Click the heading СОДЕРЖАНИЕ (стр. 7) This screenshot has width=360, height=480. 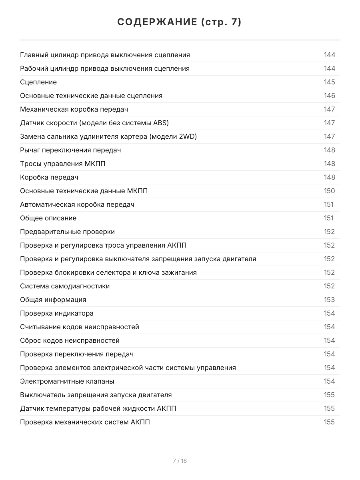click(x=180, y=22)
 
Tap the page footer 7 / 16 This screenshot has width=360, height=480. click(x=180, y=461)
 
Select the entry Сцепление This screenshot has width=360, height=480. click(x=38, y=82)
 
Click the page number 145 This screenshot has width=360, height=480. click(x=329, y=82)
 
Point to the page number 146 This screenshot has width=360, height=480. click(x=329, y=96)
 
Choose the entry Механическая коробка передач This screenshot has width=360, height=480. click(x=74, y=109)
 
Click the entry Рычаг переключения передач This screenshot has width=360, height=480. click(x=70, y=150)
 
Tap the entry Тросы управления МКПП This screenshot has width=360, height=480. click(x=63, y=164)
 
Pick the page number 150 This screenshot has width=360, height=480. click(x=329, y=191)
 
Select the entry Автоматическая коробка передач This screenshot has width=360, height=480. click(x=77, y=204)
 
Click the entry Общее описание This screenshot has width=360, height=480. click(x=48, y=218)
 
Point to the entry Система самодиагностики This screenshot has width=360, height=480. click(x=65, y=286)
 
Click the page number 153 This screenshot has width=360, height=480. click(x=329, y=300)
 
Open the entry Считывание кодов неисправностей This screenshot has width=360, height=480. click(x=80, y=327)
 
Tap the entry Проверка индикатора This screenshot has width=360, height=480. click(x=57, y=313)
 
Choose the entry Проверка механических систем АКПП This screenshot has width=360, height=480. click(x=85, y=422)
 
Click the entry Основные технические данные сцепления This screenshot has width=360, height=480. click(x=91, y=96)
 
